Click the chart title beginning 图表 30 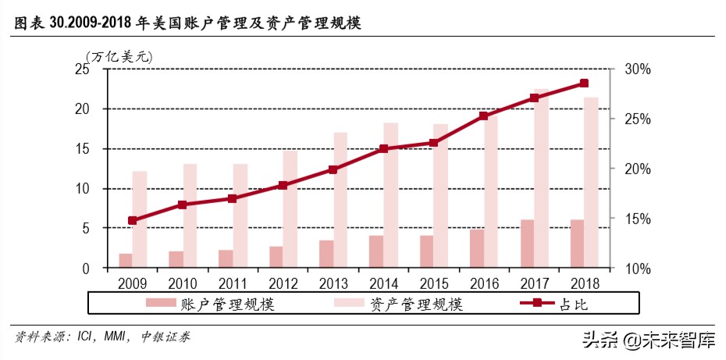coord(187,24)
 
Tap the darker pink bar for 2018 coord(577,244)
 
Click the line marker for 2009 coord(132,221)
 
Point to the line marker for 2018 coord(584,84)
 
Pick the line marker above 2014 coord(383,148)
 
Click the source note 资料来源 coord(101,337)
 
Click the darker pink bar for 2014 coord(375,251)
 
